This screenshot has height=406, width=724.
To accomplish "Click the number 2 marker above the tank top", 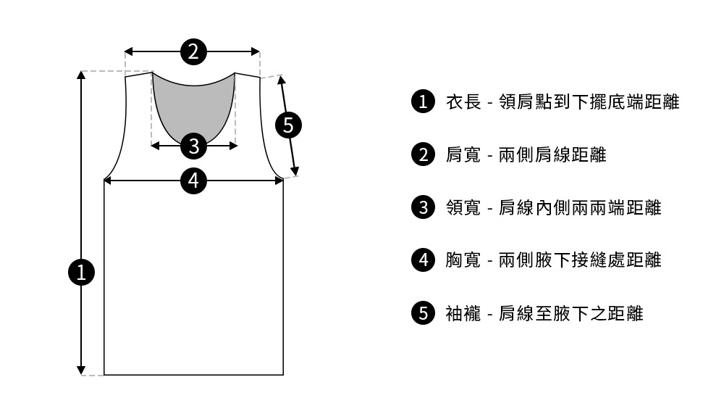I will (x=193, y=51).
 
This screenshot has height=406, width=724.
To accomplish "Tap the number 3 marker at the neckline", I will (x=193, y=146).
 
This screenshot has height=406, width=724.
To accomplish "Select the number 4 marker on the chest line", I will (x=193, y=180).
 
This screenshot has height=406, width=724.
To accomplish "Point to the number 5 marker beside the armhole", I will (x=288, y=125).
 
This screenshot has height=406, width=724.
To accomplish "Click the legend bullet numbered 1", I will (x=422, y=101).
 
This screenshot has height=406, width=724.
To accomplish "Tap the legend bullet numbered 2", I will (x=422, y=154).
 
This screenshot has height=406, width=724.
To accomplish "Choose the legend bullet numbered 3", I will (x=422, y=207).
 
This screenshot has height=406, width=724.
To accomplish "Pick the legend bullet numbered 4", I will (x=422, y=260).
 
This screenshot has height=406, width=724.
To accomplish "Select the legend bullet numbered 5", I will (x=422, y=313).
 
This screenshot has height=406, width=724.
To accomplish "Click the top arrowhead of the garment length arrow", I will (x=82, y=75).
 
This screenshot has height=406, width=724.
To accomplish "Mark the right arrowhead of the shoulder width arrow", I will (x=256, y=51).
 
